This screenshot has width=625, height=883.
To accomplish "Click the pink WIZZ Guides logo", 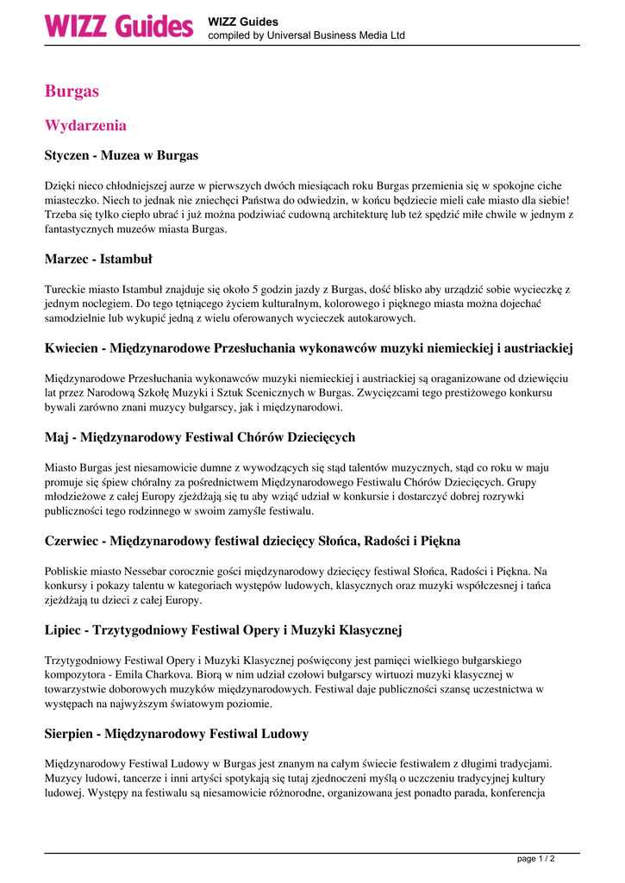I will tap(119, 26).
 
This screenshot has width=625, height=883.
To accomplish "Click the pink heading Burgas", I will tap(72, 91).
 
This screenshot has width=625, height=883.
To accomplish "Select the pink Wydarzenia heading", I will tap(85, 125).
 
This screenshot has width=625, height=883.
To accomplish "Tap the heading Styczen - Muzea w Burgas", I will tap(122, 155).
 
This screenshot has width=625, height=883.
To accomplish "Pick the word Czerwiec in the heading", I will tap(73, 541).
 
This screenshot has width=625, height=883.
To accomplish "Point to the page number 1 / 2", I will tap(535, 859).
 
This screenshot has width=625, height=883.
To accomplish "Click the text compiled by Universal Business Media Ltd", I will tap(306, 35).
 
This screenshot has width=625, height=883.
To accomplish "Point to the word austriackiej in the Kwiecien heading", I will tap(537, 348).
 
